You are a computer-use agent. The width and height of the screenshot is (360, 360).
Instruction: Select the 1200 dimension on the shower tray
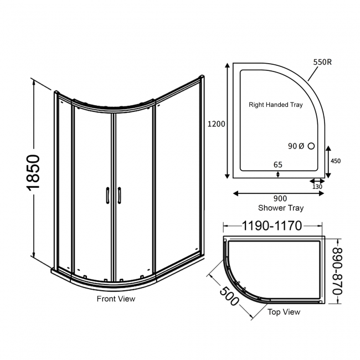[x=217, y=124]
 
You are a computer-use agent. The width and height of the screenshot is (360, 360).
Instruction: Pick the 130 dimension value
[x=317, y=187]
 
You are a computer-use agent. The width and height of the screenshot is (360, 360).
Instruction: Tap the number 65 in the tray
[x=278, y=164]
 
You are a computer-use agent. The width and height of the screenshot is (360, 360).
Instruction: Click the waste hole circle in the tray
[x=311, y=146]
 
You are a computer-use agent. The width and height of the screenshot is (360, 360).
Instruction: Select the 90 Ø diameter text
[x=296, y=146]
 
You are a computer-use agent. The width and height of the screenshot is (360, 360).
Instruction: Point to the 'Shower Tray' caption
[x=281, y=208]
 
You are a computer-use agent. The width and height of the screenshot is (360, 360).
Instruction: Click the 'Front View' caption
[x=116, y=299]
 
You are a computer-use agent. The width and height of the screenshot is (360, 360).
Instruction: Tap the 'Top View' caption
[x=284, y=312]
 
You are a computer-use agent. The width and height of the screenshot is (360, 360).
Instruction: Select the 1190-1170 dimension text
[x=272, y=225]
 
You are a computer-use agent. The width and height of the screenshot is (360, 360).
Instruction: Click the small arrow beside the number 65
[x=278, y=174]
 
